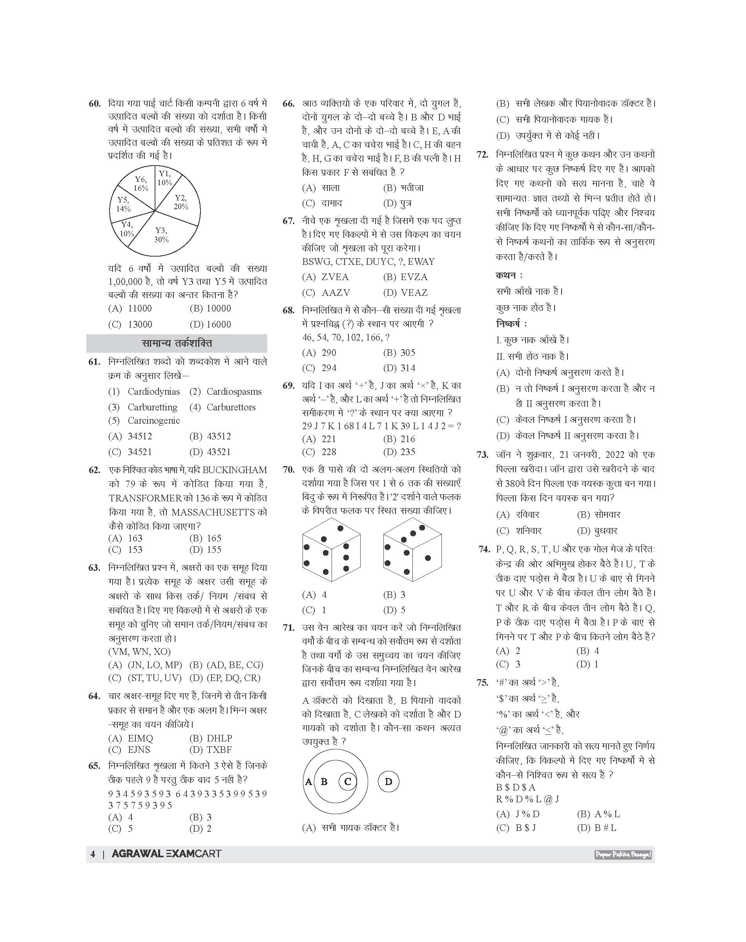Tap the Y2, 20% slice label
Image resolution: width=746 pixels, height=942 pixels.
[181, 202]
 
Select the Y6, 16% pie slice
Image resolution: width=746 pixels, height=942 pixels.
[141, 184]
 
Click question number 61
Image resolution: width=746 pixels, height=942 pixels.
[94, 362]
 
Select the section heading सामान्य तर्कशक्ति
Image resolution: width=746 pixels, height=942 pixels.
[177, 343]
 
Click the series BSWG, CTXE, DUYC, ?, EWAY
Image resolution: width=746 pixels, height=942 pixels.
[368, 262]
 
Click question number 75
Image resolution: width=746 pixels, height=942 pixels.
[483, 682]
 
